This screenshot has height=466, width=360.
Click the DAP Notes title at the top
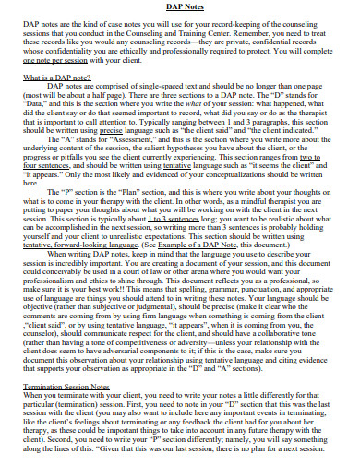pyautogui.click(x=180, y=8)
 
